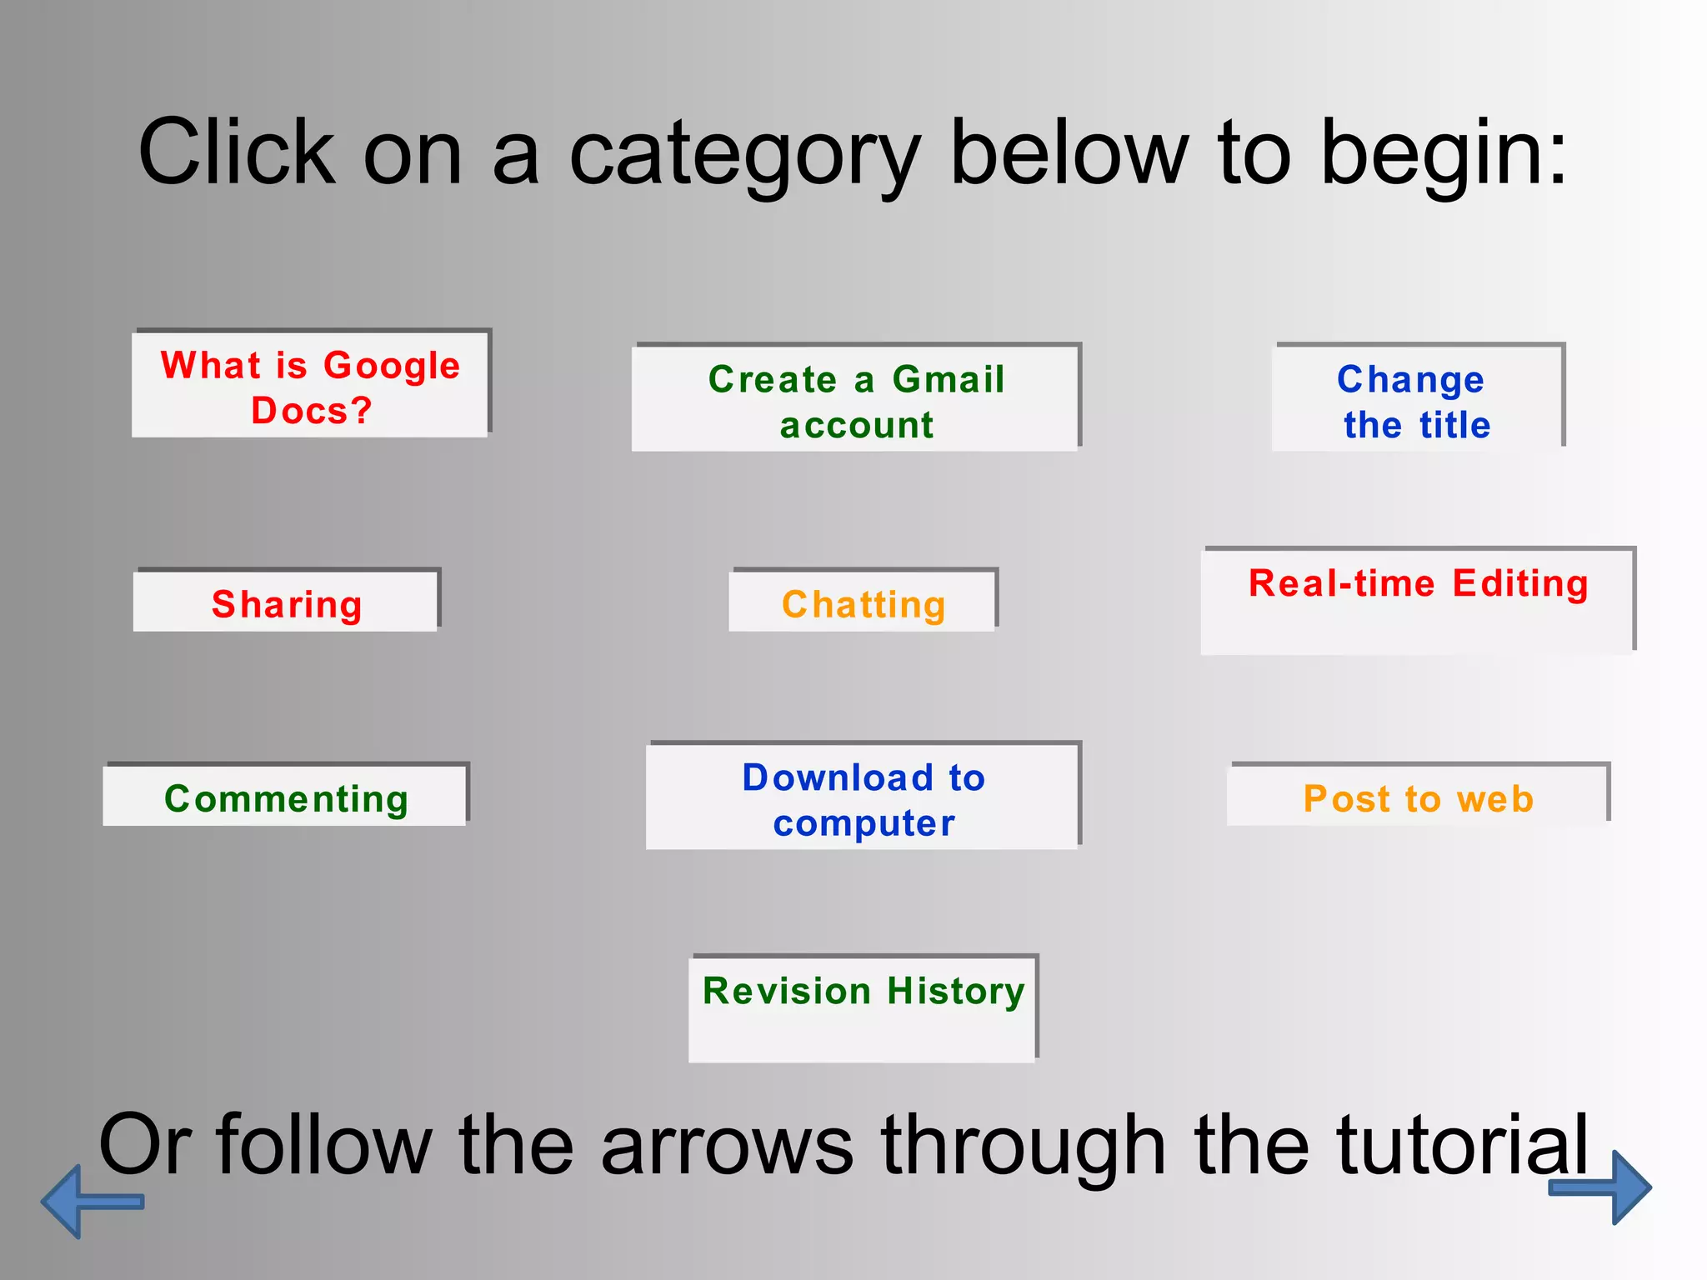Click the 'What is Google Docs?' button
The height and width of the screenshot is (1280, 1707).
[310, 385]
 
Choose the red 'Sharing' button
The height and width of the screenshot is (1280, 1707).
[286, 602]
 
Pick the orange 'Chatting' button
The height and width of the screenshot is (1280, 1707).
[863, 602]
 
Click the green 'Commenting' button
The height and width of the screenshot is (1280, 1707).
[285, 797]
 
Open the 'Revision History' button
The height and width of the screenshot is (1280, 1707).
[863, 1008]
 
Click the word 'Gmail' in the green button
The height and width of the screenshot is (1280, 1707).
[948, 379]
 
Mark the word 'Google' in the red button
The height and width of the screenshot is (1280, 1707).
[391, 367]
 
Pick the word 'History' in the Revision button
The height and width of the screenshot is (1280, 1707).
[955, 992]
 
